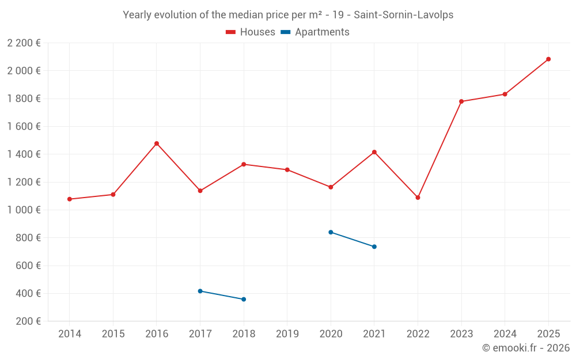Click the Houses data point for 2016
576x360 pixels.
(x=157, y=143)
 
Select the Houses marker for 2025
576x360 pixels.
(x=548, y=59)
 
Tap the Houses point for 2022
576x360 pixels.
(x=418, y=198)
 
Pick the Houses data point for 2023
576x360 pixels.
(x=461, y=101)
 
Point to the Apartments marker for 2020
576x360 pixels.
(x=331, y=232)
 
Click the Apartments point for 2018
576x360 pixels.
(x=244, y=300)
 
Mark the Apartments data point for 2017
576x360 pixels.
(x=200, y=291)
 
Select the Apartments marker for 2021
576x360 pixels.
(x=374, y=247)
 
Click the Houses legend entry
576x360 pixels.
(x=251, y=32)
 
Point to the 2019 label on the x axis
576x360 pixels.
(x=287, y=334)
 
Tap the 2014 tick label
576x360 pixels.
(x=70, y=334)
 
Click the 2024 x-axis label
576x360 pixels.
(x=505, y=334)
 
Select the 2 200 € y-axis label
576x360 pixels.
(x=24, y=43)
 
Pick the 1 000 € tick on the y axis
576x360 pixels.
(x=24, y=210)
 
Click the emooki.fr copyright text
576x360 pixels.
(x=526, y=348)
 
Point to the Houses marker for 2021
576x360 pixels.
(x=374, y=152)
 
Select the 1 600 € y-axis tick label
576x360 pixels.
(x=24, y=127)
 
